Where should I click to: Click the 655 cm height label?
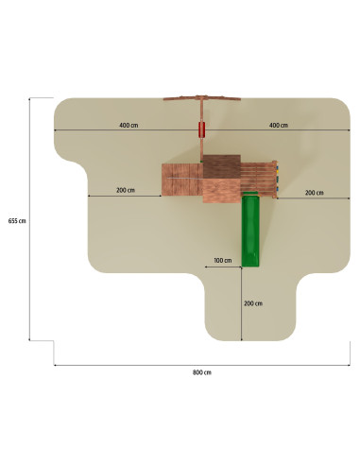click(17, 221)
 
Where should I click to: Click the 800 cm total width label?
click(202, 372)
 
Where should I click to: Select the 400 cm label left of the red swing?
click(129, 125)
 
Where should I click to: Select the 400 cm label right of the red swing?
click(279, 125)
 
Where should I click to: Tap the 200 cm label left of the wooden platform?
click(126, 190)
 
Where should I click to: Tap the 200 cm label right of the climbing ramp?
click(314, 193)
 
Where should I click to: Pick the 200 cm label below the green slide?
click(253, 303)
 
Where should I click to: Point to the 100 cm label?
click(223, 260)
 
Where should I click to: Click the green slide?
click(250, 229)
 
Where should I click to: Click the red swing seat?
click(201, 129)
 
